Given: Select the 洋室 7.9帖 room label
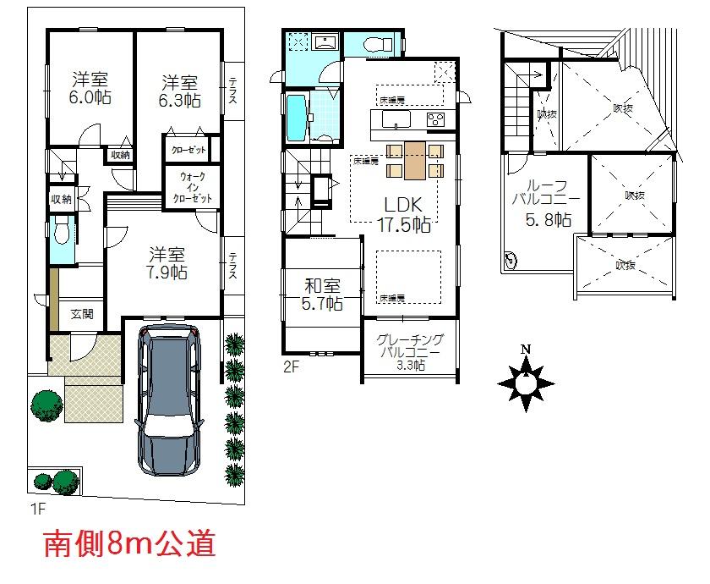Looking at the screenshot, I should pyautogui.click(x=167, y=263).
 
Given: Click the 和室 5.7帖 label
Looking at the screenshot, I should pyautogui.click(x=323, y=293).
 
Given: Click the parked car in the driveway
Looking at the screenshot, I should pyautogui.click(x=170, y=399).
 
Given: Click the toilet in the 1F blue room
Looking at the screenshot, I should pyautogui.click(x=61, y=231).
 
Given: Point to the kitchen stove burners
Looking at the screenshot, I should pyautogui.click(x=435, y=120).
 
